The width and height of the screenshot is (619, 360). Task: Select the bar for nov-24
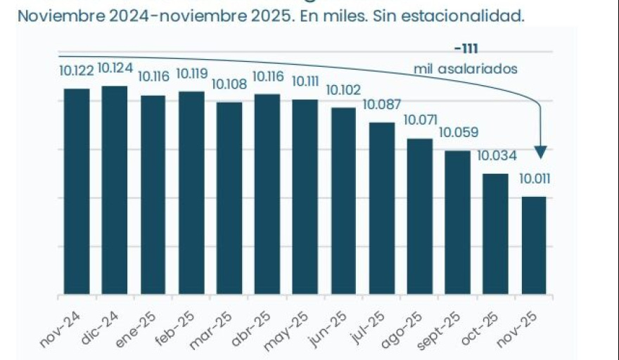tap(77, 191)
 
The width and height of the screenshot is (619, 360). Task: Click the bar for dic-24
tap(115, 190)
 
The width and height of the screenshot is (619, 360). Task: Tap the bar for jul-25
tap(382, 208)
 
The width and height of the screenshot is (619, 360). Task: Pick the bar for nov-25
tap(534, 245)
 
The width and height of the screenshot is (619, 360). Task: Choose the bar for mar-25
tap(229, 198)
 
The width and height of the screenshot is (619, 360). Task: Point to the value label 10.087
tap(382, 105)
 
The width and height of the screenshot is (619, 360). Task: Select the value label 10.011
tap(535, 179)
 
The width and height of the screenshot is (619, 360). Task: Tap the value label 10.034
tap(497, 155)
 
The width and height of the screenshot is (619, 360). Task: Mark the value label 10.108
tap(229, 84)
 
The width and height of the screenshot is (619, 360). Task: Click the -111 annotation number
tap(466, 49)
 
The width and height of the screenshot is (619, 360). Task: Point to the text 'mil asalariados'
tap(466, 69)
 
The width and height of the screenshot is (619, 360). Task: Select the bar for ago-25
tap(420, 217)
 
